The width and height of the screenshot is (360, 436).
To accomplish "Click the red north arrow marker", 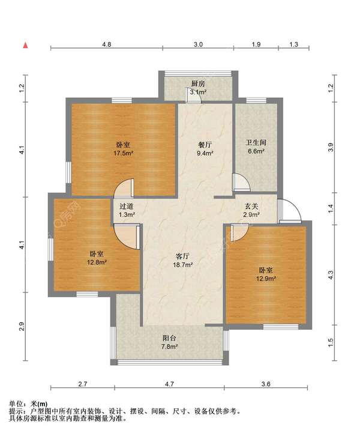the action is point(25,45).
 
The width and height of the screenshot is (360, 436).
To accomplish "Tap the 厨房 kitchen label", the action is point(198,83).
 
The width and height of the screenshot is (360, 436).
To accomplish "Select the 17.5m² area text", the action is point(124,153).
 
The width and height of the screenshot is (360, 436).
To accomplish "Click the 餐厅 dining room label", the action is point(205,145).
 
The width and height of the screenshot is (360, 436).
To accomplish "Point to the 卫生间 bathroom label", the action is point(256,143).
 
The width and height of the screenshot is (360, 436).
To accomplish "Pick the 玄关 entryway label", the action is point(251,206).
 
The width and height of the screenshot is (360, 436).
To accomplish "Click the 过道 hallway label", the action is point(127,207).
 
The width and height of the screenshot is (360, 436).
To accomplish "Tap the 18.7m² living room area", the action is point(183,265).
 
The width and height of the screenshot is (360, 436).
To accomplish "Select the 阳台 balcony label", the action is point(169,338).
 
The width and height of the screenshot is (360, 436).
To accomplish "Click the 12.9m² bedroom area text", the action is point(266,278).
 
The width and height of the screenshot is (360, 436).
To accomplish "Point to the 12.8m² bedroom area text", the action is point(97,262).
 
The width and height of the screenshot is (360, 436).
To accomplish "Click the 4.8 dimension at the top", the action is point(107,44).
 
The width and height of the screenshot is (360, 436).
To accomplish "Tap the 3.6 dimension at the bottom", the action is point(266,384).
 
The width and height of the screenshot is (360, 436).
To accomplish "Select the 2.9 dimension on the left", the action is point(22,327).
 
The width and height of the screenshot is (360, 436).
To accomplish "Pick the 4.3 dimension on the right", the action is point(330,274).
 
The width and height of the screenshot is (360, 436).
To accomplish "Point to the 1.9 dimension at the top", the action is point(256,44).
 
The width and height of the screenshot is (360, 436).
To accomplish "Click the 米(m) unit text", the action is point(39,404).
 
